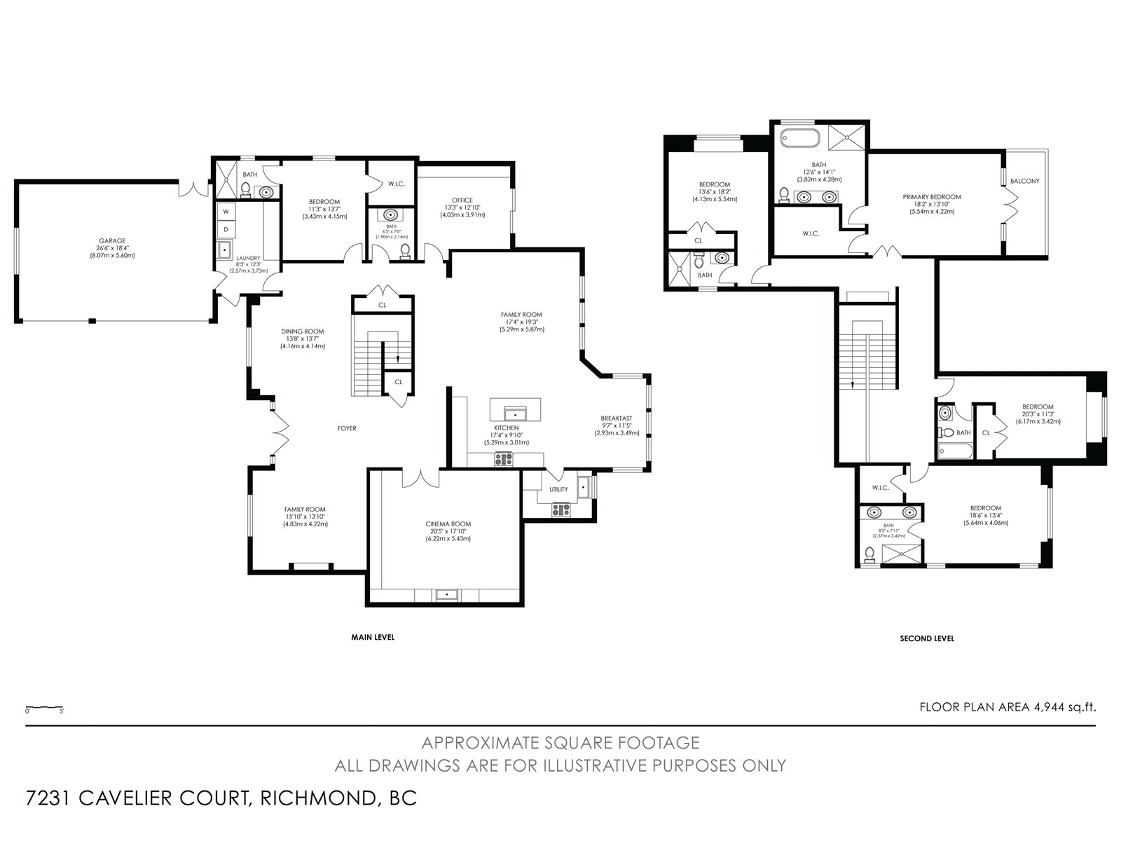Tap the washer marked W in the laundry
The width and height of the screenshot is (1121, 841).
pos(226,212)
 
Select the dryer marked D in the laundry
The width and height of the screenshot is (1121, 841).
pos(226,230)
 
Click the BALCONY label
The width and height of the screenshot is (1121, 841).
pos(1024,181)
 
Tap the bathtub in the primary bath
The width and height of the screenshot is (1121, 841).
pos(800,138)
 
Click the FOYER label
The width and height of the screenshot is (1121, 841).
pos(347,428)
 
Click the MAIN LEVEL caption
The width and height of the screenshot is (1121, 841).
pos(373,637)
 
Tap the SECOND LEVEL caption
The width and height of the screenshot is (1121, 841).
pos(927,638)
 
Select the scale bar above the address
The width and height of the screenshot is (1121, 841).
pos(44,708)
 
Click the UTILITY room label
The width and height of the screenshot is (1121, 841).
pos(558,489)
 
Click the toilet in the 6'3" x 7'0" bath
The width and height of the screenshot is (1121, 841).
pos(405,251)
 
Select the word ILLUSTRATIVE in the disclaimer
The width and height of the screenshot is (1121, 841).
pos(599,766)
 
